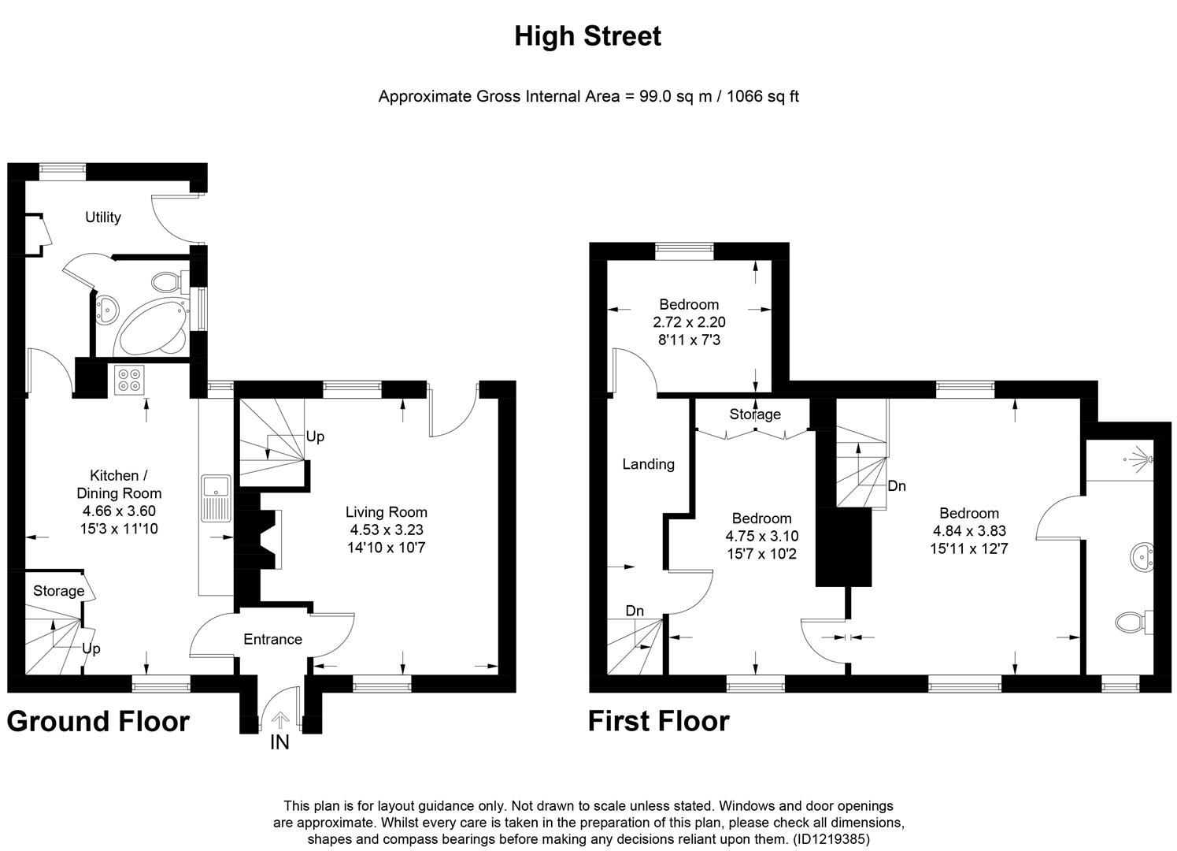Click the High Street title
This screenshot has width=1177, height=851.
(587, 36)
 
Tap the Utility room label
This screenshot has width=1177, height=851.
(102, 217)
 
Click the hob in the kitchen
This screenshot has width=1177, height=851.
(128, 381)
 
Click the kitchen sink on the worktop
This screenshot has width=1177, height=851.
(215, 497)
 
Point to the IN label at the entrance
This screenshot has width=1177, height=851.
(279, 742)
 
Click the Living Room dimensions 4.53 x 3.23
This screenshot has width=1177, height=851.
(386, 530)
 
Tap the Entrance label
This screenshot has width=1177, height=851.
(272, 639)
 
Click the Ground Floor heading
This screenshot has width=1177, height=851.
(98, 722)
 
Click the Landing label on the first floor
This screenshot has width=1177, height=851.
(648, 464)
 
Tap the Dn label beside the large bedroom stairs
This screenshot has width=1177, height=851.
(897, 486)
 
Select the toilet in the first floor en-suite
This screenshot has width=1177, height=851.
(1132, 622)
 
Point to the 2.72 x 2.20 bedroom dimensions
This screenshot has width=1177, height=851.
(689, 322)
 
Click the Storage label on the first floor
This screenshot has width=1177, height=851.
(754, 414)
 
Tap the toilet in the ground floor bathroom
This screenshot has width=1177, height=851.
(168, 281)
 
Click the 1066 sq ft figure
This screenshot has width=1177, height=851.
(762, 97)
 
